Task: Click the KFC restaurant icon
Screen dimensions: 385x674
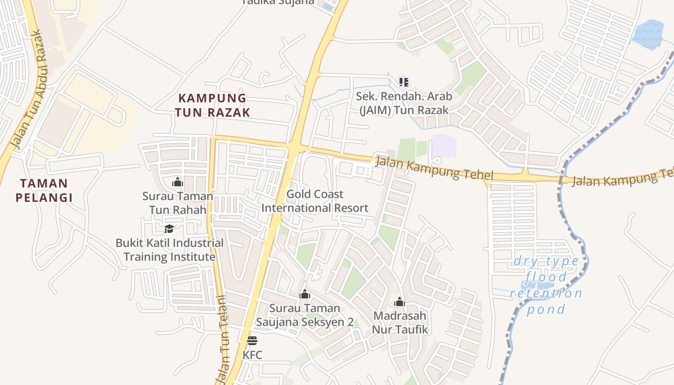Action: click(x=252, y=341)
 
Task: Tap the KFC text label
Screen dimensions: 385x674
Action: click(x=252, y=355)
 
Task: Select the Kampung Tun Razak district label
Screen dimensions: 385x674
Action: click(x=212, y=105)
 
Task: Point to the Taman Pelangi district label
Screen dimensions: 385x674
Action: click(x=44, y=190)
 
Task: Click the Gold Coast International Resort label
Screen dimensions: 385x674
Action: click(x=314, y=201)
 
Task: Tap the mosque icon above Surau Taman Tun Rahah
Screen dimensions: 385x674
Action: click(x=178, y=182)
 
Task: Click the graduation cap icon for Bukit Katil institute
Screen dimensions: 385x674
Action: click(x=169, y=229)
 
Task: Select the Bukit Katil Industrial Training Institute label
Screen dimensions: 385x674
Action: click(x=169, y=250)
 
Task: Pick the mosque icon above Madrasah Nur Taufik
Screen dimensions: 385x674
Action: click(x=400, y=302)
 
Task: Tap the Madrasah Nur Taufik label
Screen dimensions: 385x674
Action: click(x=400, y=323)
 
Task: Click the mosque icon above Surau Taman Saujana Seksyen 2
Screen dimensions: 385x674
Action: click(x=304, y=294)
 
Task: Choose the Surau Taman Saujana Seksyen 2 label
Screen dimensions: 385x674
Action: click(x=304, y=315)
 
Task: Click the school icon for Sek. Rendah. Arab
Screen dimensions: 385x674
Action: click(x=403, y=82)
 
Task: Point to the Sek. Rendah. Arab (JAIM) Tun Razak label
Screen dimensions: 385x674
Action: click(x=404, y=103)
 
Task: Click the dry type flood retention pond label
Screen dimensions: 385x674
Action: click(x=546, y=285)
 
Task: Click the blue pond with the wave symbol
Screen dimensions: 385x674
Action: click(x=648, y=35)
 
